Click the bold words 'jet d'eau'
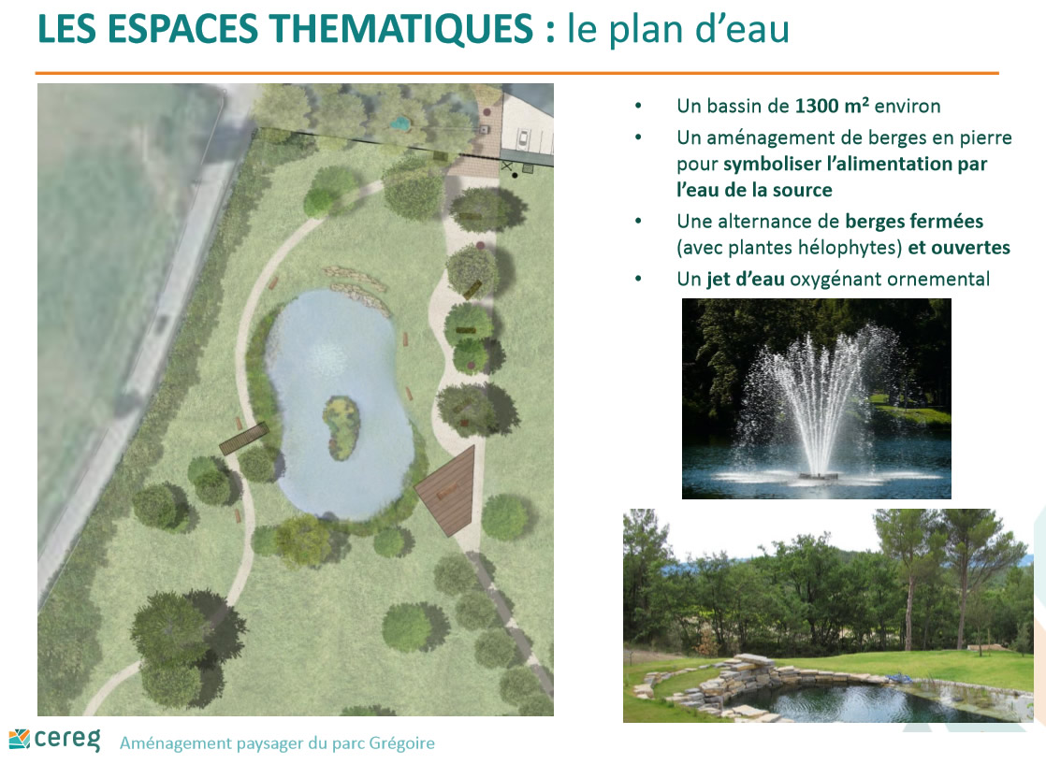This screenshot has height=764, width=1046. click(745, 279)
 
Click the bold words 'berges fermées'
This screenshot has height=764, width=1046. click(914, 222)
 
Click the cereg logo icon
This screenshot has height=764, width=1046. click(20, 739)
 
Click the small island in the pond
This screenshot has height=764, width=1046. click(341, 428)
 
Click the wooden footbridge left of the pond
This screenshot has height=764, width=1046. click(243, 439)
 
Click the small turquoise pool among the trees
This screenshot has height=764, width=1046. click(400, 123)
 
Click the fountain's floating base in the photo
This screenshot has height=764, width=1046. click(820, 476)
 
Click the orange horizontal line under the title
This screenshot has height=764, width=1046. click(517, 73)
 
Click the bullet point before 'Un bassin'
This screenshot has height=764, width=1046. click(638, 106)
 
